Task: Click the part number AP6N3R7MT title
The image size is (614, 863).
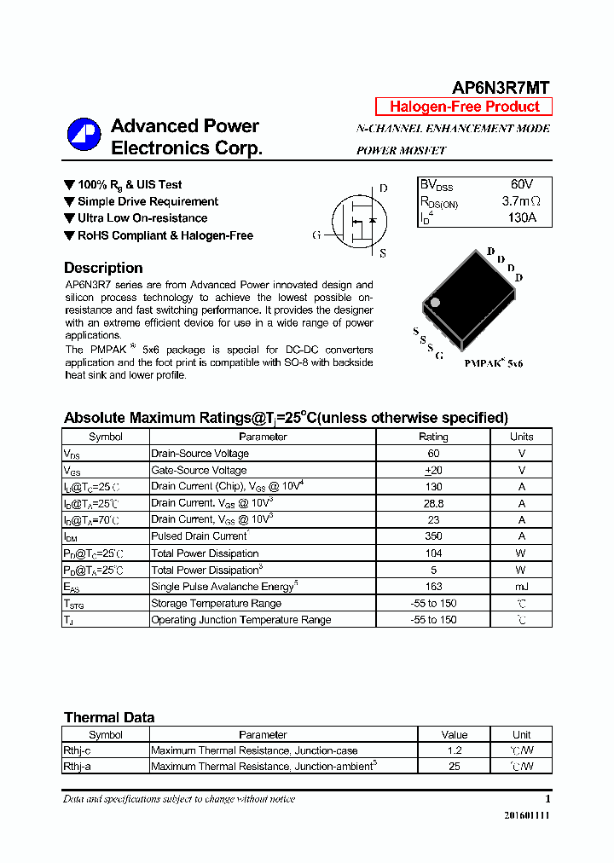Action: [501, 88]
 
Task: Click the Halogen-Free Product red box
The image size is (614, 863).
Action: [464, 107]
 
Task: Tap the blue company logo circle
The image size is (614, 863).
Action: [84, 135]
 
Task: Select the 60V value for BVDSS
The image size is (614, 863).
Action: [522, 185]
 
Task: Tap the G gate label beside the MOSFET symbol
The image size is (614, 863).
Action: [316, 235]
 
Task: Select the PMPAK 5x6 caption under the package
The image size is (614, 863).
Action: [493, 363]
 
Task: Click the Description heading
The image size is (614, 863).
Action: [103, 268]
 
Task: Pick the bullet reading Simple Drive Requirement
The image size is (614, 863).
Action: [148, 202]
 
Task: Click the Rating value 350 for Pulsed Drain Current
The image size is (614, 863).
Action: [433, 536]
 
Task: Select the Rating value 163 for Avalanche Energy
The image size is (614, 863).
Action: [433, 587]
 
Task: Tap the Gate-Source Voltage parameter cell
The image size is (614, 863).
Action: [199, 470]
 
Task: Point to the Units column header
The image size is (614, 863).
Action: [521, 437]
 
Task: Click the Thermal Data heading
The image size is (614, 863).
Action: [109, 717]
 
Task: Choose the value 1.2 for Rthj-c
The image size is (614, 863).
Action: [454, 750]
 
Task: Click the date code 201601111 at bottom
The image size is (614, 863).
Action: [527, 816]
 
